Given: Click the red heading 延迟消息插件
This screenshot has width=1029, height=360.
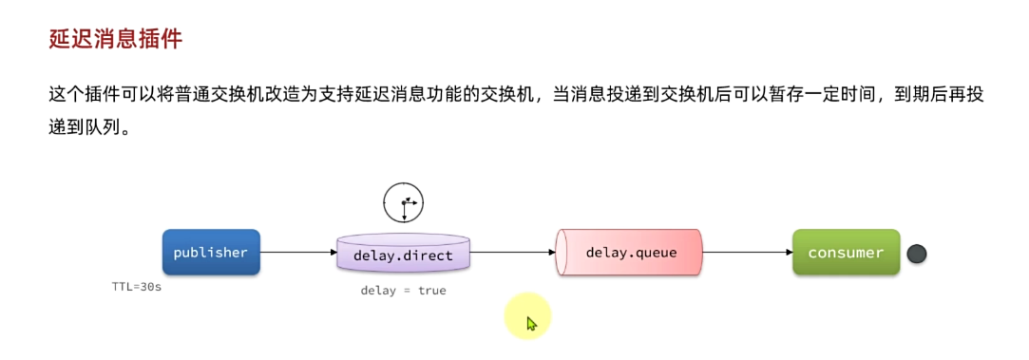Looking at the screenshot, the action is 115,39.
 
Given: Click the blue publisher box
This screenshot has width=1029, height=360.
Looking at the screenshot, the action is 211,253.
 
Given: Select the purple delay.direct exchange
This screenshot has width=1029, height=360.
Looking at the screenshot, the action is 403,254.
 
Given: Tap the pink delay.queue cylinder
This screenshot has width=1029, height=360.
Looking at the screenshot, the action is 629,253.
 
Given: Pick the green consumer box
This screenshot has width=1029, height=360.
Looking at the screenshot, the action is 846,253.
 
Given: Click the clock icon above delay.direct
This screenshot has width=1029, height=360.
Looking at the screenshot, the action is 403,202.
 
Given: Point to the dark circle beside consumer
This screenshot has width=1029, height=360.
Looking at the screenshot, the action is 916,254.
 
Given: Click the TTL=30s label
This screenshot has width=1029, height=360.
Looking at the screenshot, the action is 137,286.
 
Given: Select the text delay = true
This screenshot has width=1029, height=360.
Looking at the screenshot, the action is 403,291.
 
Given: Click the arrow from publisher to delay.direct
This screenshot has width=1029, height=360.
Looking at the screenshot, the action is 298,253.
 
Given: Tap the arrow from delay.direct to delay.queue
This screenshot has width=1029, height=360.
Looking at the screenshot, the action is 512,253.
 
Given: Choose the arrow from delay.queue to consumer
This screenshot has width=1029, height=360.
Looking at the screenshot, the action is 747,253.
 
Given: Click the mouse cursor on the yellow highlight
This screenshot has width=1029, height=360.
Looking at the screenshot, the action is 530,323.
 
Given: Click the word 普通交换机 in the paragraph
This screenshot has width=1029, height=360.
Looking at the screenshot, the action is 220,95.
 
